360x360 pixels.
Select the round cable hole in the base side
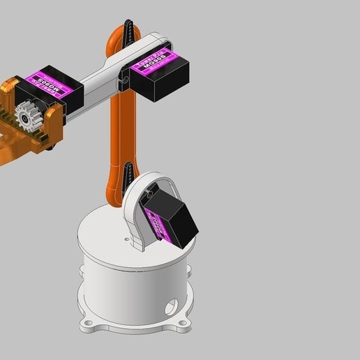(172, 306)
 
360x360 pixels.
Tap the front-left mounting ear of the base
(89, 325)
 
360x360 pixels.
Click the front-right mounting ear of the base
(186, 322)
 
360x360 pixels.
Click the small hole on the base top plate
(128, 241)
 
